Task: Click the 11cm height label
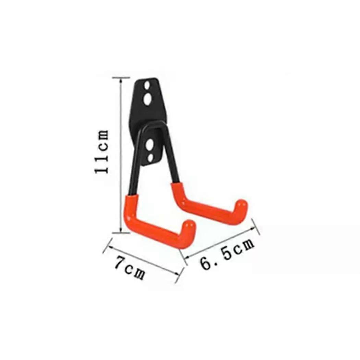click(102, 151)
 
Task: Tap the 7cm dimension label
click(130, 268)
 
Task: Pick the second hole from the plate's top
click(147, 100)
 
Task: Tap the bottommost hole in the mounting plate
click(150, 158)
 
